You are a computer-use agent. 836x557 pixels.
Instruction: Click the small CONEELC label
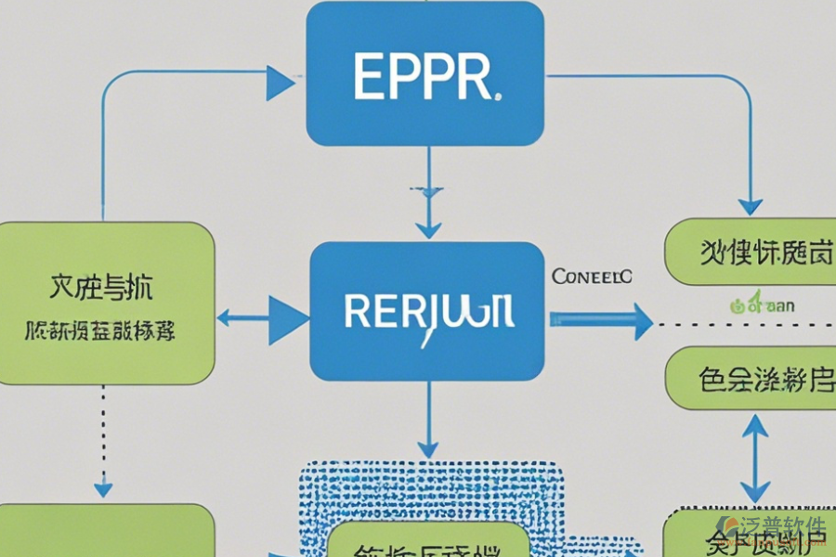(x=592, y=277)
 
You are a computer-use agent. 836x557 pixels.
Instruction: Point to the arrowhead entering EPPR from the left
(x=281, y=83)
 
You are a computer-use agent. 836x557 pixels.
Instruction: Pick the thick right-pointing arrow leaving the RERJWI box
(x=602, y=319)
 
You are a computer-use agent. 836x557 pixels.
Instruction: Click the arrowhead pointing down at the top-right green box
(x=751, y=206)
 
